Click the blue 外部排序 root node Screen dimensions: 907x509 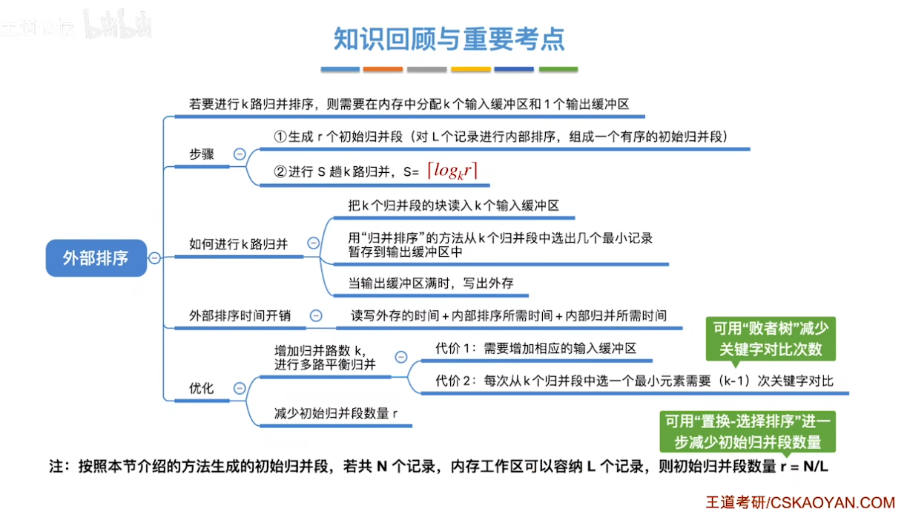[x=96, y=258]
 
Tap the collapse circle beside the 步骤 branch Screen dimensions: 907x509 [x=240, y=154]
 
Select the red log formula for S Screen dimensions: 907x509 [x=452, y=171]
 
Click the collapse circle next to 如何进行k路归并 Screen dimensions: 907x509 [x=313, y=243]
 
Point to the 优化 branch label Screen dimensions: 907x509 [x=201, y=388]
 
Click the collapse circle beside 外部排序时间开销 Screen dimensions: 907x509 [x=316, y=315]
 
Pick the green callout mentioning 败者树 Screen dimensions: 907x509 [x=771, y=339]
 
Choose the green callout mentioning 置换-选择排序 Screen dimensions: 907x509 [x=748, y=432]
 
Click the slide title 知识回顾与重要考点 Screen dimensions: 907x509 [x=449, y=39]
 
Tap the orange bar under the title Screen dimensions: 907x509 [x=383, y=69]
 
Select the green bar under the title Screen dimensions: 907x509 [x=558, y=69]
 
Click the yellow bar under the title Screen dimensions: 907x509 [x=471, y=69]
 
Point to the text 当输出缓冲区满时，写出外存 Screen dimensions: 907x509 [x=431, y=283]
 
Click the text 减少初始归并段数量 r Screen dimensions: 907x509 [x=336, y=413]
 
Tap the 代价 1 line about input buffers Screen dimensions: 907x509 [x=535, y=348]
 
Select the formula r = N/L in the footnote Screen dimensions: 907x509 [x=804, y=467]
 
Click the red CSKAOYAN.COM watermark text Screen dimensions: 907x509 [x=833, y=502]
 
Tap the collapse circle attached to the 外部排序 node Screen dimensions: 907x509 [x=154, y=258]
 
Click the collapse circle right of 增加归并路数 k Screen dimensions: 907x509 [x=401, y=357]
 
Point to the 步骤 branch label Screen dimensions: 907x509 [x=202, y=154]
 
